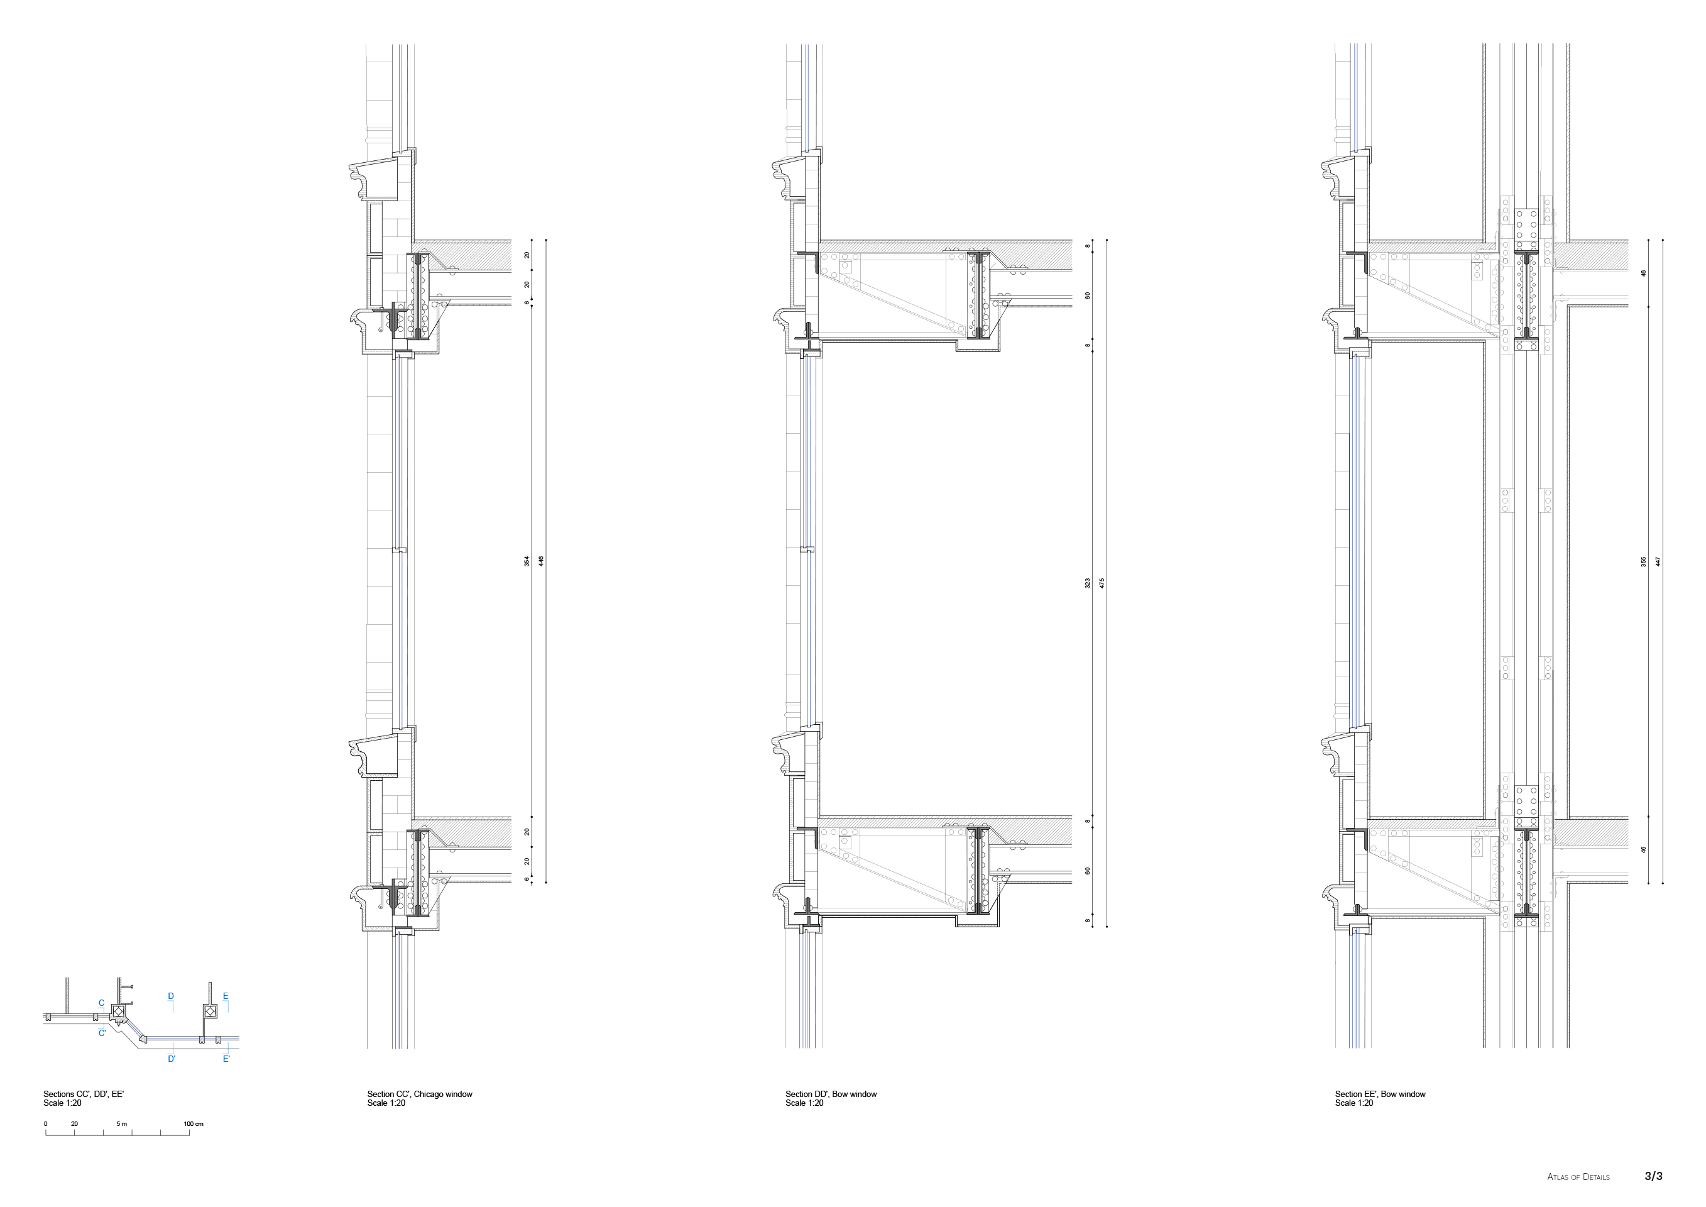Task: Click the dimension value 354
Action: [527, 561]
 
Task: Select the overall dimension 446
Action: [541, 561]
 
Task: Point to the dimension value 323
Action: [1088, 583]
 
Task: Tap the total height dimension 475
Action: [1102, 583]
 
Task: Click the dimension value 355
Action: [1644, 561]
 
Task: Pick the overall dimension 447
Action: [1658, 561]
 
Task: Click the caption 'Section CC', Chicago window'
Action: [420, 1094]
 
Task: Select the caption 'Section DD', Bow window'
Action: [831, 1094]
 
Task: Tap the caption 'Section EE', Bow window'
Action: [1380, 1094]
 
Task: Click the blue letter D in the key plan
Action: [171, 996]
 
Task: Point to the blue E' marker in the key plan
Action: [227, 1059]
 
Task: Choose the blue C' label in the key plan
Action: [102, 1033]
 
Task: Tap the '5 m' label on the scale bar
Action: [122, 1124]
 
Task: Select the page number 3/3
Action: [1653, 1176]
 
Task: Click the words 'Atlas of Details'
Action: [1578, 1177]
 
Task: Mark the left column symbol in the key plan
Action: [118, 1011]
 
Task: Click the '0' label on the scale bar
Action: [45, 1124]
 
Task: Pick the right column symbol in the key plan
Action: [211, 1011]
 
